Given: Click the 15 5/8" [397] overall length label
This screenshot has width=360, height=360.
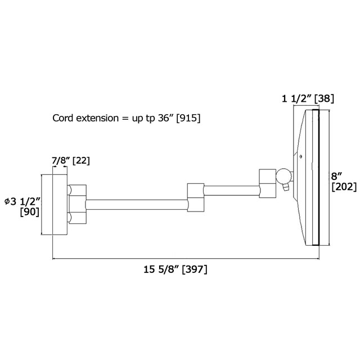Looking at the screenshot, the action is [175, 269].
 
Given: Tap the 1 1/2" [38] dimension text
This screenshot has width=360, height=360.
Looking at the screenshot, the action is [308, 99].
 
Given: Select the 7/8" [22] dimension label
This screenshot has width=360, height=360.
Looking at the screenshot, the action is [71, 160].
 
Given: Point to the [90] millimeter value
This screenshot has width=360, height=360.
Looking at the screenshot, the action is [30, 211].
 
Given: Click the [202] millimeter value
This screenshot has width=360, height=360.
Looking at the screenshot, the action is [344, 187].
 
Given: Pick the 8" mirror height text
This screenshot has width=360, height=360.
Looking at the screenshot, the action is [336, 176].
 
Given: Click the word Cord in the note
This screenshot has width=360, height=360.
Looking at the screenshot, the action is [63, 118].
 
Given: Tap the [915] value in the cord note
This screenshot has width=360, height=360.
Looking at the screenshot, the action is [188, 118].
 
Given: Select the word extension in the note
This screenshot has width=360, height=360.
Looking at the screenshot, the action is [97, 118].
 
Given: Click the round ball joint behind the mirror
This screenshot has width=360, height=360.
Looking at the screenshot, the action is [283, 176].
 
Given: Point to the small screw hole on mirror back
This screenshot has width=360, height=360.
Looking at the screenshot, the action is [301, 156].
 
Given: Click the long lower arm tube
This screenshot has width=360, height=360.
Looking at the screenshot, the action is [137, 205].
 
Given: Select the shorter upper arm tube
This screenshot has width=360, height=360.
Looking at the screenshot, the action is [232, 191].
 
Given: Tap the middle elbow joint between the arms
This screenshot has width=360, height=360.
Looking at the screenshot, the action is [196, 197].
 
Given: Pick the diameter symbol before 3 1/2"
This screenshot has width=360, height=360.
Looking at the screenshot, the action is [7, 201].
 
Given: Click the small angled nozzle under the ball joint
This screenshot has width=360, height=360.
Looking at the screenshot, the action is [285, 187].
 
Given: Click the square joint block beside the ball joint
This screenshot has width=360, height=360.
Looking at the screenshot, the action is [268, 183].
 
